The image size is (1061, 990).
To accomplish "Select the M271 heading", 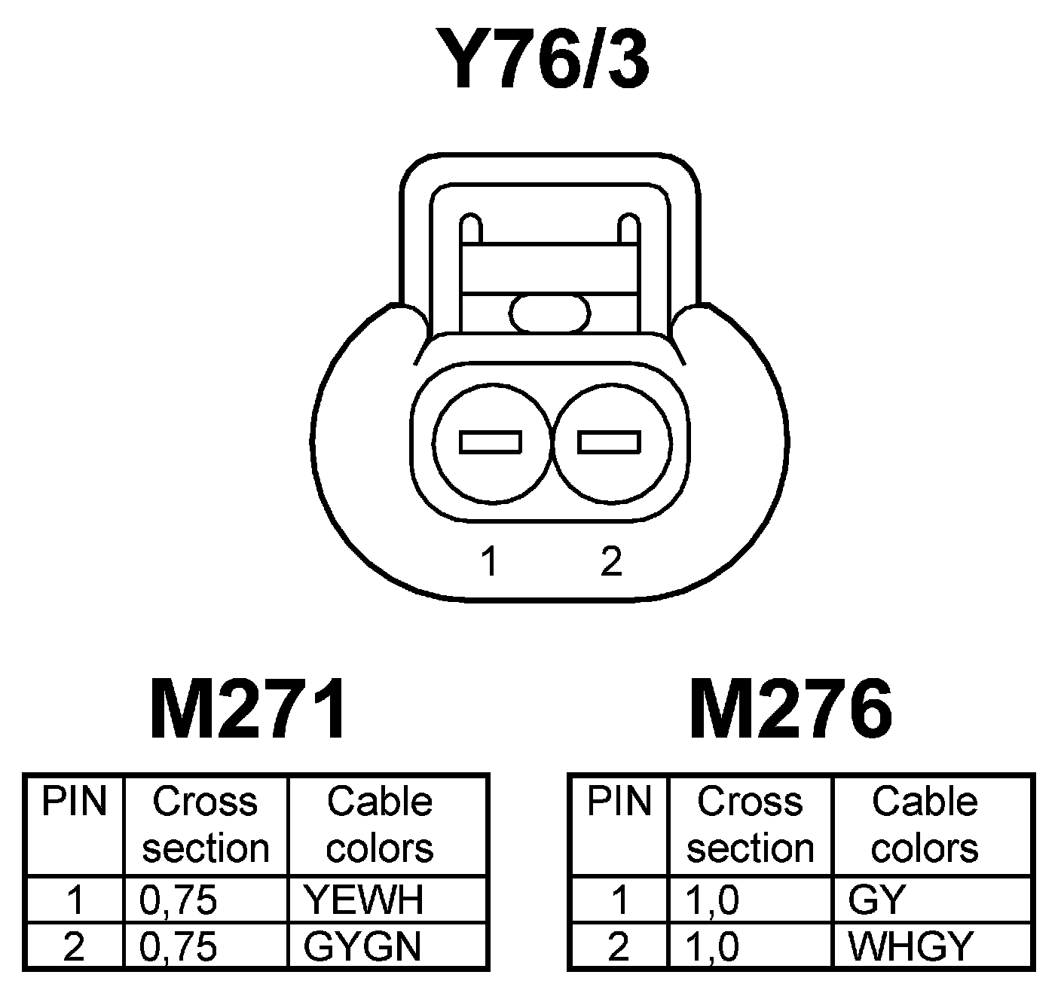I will [x=249, y=710].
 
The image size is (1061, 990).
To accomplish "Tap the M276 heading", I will [x=790, y=710].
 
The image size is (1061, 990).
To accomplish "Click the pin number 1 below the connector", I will [x=491, y=562].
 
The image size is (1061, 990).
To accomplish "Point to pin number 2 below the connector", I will [x=611, y=562].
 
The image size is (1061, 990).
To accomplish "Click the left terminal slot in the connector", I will [x=491, y=442].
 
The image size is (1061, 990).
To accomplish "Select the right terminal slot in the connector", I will [x=609, y=442].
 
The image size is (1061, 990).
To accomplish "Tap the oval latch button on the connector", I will [x=549, y=313].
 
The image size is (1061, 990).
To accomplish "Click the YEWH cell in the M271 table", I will [x=363, y=900].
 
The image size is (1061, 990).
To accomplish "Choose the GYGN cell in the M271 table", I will [x=362, y=946].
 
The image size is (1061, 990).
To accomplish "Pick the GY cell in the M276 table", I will [x=876, y=900].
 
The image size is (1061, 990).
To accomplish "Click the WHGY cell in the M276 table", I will [x=911, y=946].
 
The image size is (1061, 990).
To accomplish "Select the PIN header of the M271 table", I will [x=74, y=802].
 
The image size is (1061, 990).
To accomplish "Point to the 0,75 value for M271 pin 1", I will [x=179, y=900].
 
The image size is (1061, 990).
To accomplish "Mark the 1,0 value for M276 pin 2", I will [x=714, y=946].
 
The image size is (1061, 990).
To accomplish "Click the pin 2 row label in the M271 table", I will [x=74, y=946].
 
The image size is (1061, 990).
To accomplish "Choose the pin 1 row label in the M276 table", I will [x=619, y=900].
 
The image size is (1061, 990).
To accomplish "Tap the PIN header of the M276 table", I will [x=619, y=802].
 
